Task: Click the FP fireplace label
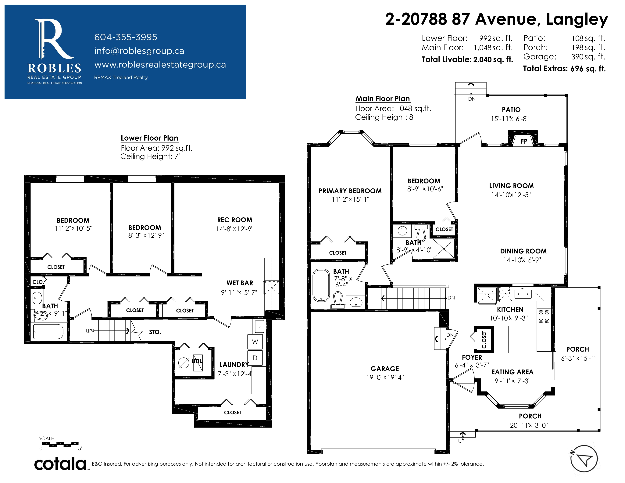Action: [524, 141]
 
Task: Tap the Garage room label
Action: [385, 369]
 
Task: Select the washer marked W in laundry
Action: [255, 342]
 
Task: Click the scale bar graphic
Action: [60, 444]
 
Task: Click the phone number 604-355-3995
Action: [126, 37]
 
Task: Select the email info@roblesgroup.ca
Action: [139, 51]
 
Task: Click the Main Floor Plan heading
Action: [383, 99]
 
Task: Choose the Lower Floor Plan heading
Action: [149, 138]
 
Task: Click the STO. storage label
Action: [155, 332]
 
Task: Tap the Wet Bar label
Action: [240, 283]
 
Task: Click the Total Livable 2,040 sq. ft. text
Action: [467, 59]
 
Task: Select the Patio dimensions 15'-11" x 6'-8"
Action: [510, 119]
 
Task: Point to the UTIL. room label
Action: [197, 361]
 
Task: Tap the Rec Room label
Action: [235, 220]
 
